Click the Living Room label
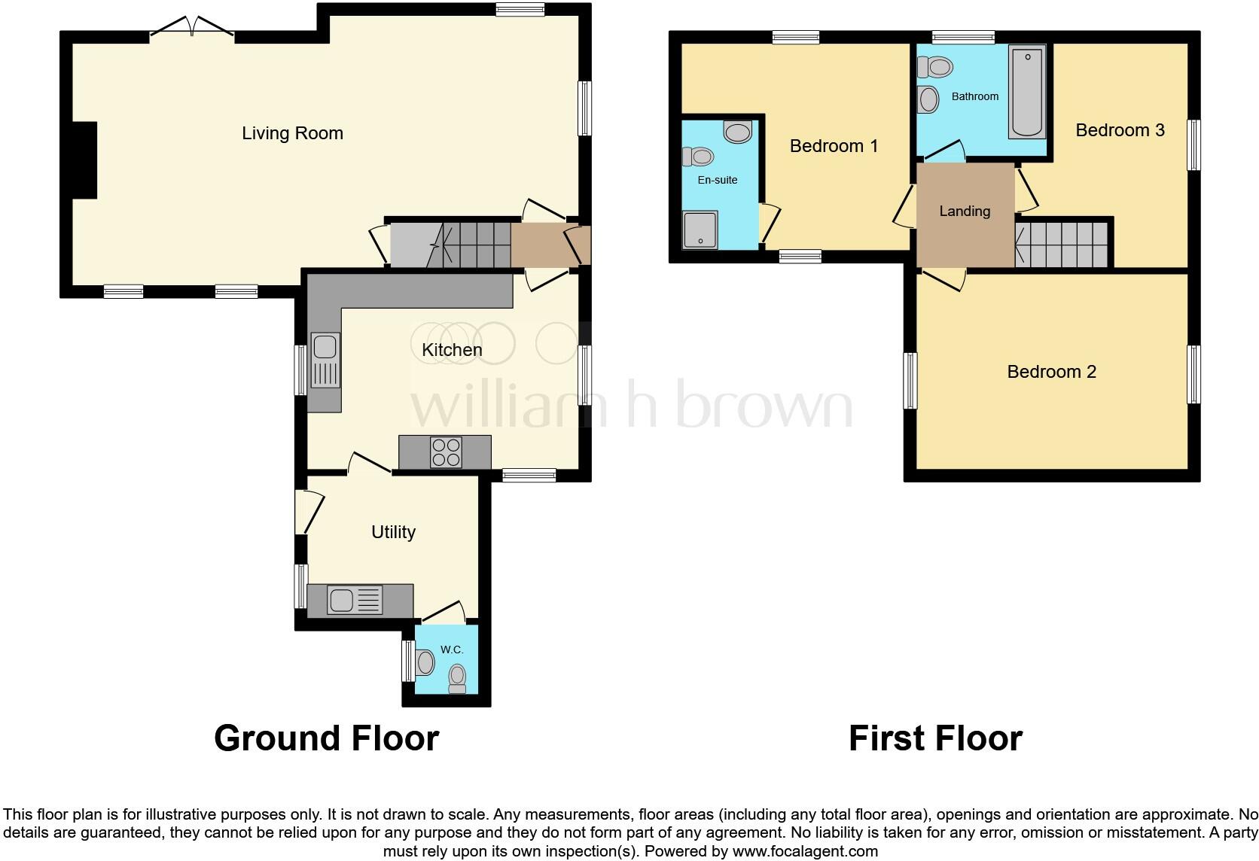pyautogui.click(x=292, y=133)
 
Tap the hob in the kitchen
pyautogui.click(x=445, y=452)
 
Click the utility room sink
pyautogui.click(x=355, y=601)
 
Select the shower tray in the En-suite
pyautogui.click(x=700, y=230)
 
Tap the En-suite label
pyautogui.click(x=717, y=180)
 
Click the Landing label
pyautogui.click(x=964, y=211)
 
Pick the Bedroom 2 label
pyautogui.click(x=1051, y=372)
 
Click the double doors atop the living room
pyautogui.click(x=192, y=28)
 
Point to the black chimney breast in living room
pyautogui.click(x=84, y=160)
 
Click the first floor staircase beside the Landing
pyautogui.click(x=1062, y=245)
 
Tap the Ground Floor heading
pyautogui.click(x=326, y=738)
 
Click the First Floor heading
pyautogui.click(x=935, y=738)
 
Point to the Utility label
pyautogui.click(x=393, y=532)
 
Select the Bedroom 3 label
pyautogui.click(x=1119, y=130)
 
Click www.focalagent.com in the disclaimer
pyautogui.click(x=805, y=851)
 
